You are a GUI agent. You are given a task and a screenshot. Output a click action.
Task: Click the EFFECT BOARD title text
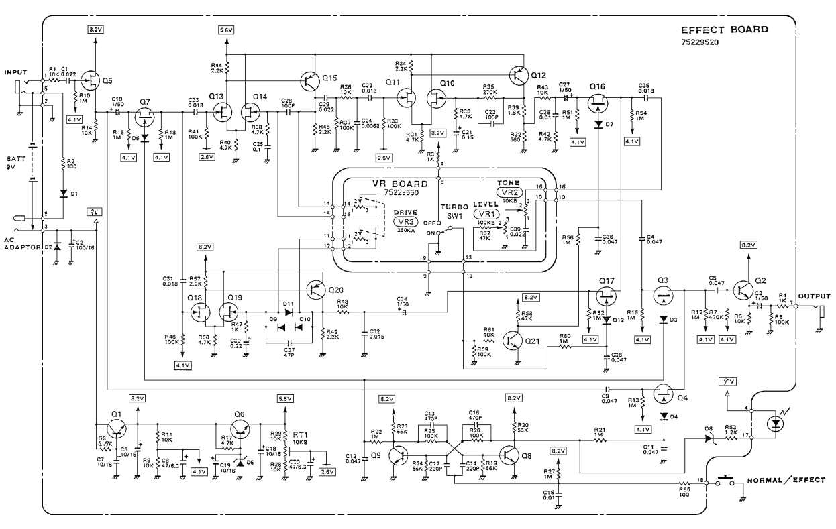(x=724, y=30)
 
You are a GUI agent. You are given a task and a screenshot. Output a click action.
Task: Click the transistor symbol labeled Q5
(x=91, y=79)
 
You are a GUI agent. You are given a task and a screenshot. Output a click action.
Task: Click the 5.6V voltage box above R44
(x=227, y=30)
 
